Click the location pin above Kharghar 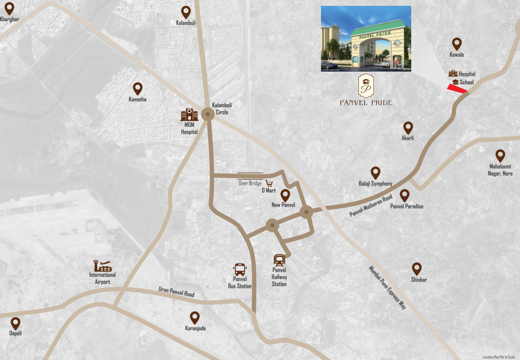point(8,9)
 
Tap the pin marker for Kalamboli point(186,12)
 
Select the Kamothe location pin point(137,89)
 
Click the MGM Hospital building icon point(189,113)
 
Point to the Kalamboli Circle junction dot point(207,116)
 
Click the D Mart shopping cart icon point(269,183)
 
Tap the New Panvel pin point(285,195)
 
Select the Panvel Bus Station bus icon point(239,269)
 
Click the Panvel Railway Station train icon point(279,261)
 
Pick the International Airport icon point(102,266)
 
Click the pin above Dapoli point(15,322)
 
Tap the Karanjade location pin point(195,317)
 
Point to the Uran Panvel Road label point(176,292)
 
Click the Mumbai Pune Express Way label point(387,287)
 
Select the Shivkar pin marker point(417,269)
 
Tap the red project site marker point(457,89)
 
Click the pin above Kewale point(456,44)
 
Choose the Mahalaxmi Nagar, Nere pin point(500,155)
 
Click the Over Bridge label point(249,183)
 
